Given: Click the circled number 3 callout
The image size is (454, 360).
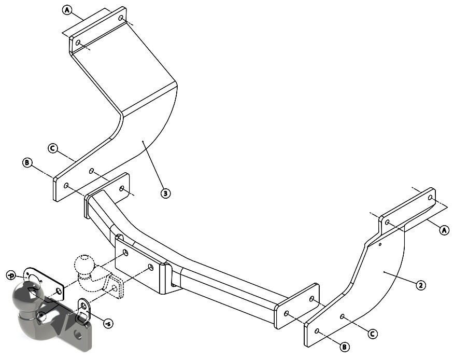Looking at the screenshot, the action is coord(165,193).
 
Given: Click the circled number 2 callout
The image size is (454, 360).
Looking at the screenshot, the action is coord(421,285).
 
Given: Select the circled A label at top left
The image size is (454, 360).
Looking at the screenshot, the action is coord(67,10).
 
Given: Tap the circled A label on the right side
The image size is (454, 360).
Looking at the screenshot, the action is coord(444,230).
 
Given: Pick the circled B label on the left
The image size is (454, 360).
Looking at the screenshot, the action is coord(27,162).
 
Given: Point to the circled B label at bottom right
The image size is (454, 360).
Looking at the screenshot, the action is coord(345,347).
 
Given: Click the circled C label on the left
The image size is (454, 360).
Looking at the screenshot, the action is coord(53,148).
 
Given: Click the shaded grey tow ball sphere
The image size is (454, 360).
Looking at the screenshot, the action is coord(28,295).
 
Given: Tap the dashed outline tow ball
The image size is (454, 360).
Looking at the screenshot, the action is coord(84,265).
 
